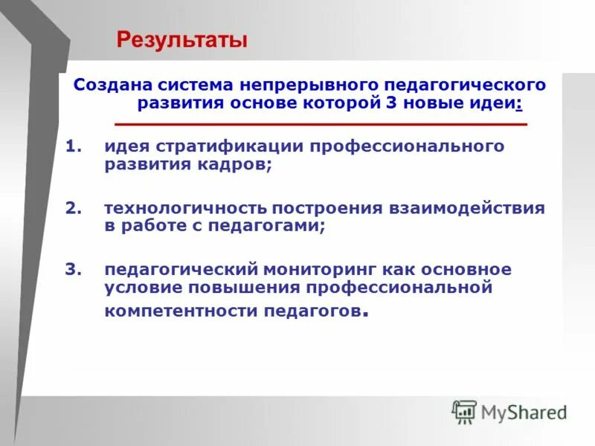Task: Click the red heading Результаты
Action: pyautogui.click(x=181, y=39)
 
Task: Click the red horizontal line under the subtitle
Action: pyautogui.click(x=321, y=123)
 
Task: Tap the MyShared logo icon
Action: pyautogui.click(x=463, y=410)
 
